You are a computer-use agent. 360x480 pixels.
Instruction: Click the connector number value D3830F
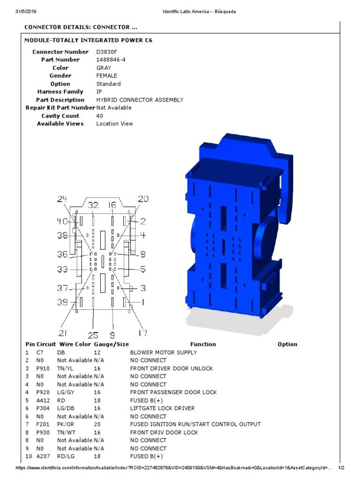point(106,52)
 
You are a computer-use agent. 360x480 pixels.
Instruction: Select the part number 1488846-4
point(111,60)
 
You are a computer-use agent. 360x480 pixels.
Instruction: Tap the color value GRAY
point(104,68)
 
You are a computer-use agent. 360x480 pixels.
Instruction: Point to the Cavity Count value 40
point(99,116)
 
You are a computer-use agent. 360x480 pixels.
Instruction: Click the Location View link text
point(114,124)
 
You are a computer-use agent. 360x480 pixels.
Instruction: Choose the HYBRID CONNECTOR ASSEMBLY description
point(140,100)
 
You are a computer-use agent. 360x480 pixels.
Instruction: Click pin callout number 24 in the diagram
point(62,199)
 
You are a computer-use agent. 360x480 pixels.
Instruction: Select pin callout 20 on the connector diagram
point(143,199)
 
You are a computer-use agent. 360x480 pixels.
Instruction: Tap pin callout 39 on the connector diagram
point(63,302)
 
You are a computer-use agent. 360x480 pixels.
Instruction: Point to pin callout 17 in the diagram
point(142,333)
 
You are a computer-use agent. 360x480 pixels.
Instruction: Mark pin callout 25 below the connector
point(93,335)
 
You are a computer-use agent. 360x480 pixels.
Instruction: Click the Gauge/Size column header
point(111,344)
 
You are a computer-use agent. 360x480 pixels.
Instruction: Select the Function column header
point(203,344)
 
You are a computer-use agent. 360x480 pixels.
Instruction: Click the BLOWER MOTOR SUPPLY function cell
point(163,352)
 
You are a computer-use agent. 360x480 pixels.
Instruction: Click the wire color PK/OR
point(65,424)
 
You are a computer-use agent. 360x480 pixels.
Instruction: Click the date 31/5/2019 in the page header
point(28,11)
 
